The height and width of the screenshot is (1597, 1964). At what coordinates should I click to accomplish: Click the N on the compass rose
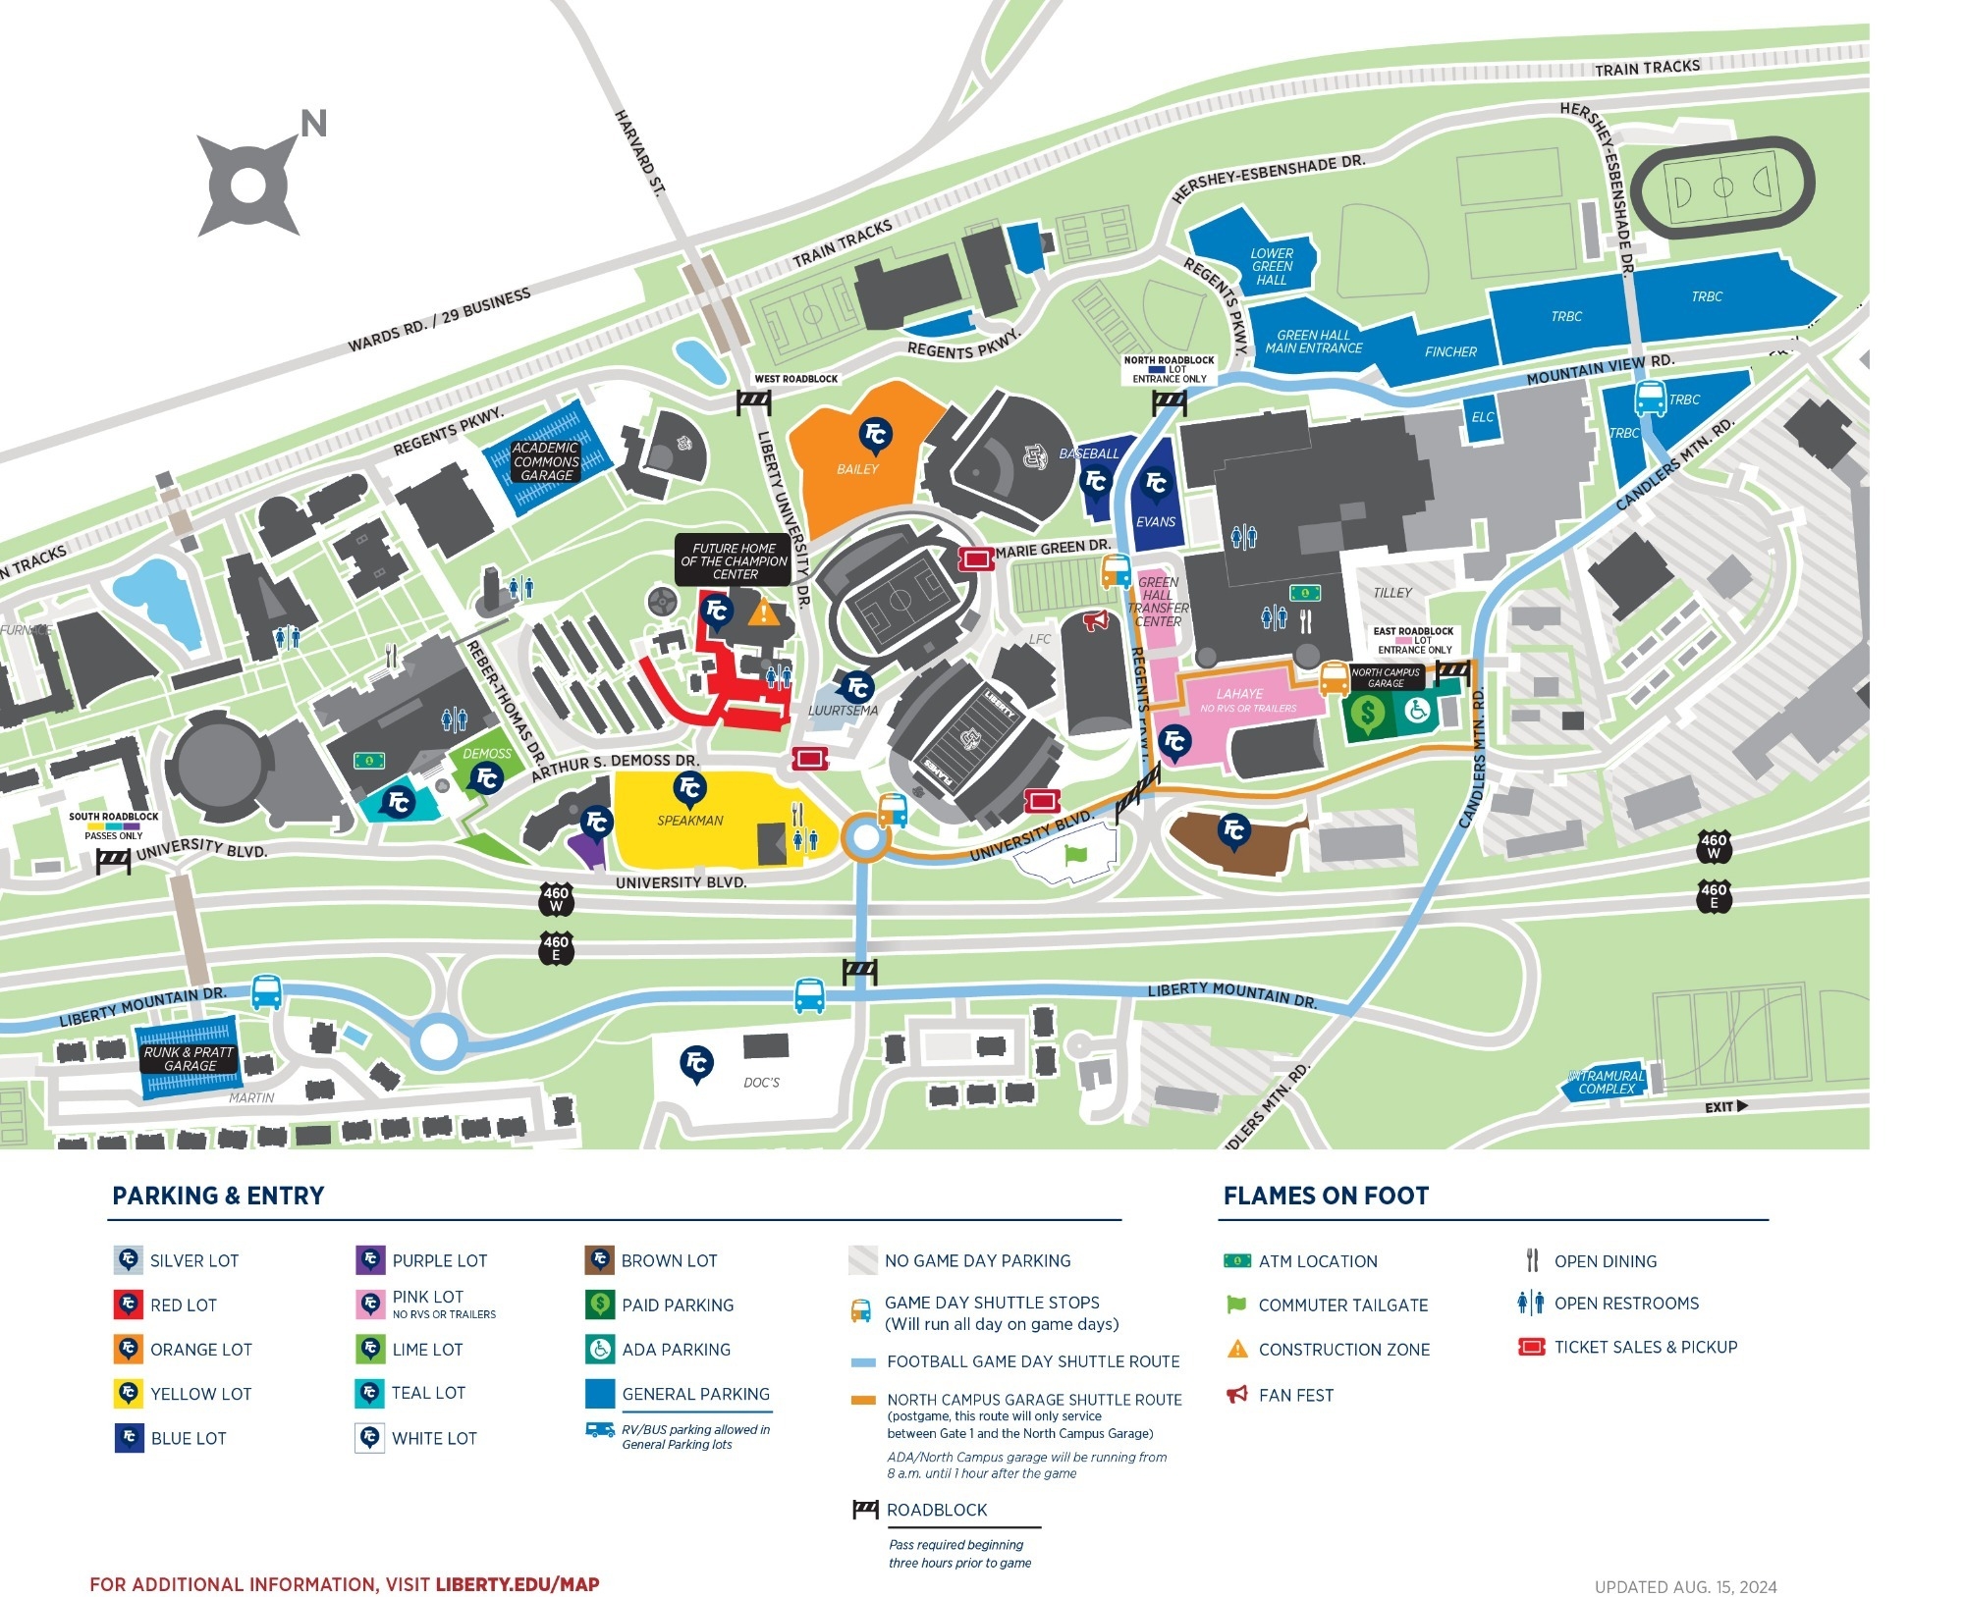coord(313,125)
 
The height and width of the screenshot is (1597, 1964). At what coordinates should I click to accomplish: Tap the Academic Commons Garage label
coord(546,461)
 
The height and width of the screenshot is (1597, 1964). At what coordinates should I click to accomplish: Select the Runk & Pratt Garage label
coord(189,1058)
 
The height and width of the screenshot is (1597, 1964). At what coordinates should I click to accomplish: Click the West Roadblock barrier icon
coord(754,401)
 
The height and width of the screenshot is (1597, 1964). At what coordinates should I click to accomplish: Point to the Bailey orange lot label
coord(857,469)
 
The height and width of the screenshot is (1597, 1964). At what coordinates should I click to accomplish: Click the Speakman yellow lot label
coord(690,821)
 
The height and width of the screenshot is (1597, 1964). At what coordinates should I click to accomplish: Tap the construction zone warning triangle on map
coord(763,613)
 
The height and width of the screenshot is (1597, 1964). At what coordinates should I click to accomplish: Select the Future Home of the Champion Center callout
coord(734,561)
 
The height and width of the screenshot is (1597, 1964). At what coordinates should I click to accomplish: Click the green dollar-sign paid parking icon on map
coord(1367,714)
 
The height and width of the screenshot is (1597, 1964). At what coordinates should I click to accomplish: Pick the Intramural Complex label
coord(1607,1082)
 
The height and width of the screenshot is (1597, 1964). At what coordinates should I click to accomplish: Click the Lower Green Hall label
coord(1272,267)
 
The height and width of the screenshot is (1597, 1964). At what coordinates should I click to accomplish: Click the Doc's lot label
coord(761,1083)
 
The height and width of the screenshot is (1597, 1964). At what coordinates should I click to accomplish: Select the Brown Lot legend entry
coord(669,1260)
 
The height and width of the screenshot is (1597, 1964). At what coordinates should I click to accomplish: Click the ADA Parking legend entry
coord(676,1350)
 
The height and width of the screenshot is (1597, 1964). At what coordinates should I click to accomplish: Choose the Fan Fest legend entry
coord(1295,1395)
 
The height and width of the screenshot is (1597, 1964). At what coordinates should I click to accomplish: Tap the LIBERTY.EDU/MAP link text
coord(517,1584)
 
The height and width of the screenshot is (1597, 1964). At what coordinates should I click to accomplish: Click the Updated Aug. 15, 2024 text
coord(1685,1586)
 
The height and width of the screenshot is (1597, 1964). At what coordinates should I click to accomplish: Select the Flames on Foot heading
coord(1326,1196)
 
